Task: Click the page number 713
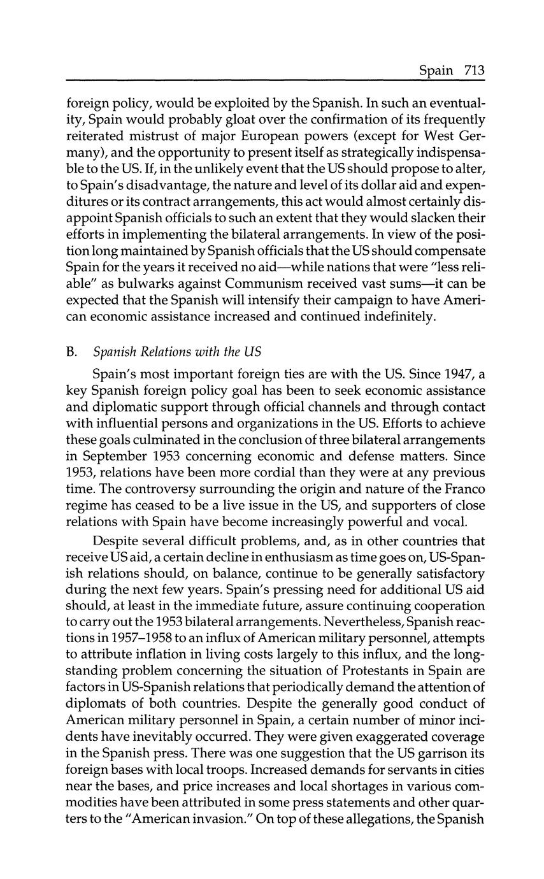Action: pos(475,70)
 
